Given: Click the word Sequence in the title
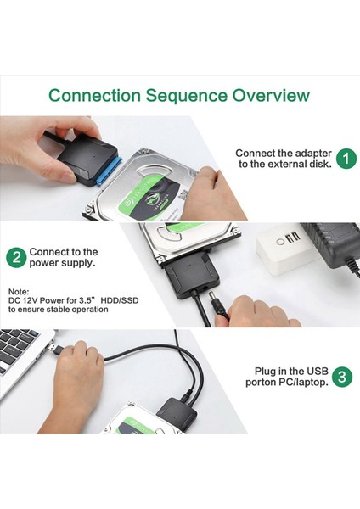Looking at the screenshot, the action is pyautogui.click(x=186, y=96).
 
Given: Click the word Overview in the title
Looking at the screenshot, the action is pyautogui.click(x=271, y=95).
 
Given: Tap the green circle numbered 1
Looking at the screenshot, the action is pyautogui.click(x=346, y=159).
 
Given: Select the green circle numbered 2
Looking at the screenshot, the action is pyautogui.click(x=16, y=258).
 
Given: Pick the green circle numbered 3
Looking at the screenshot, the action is pyautogui.click(x=342, y=377).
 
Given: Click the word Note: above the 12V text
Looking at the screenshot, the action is pyautogui.click(x=19, y=291).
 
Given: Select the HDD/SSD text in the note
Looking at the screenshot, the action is pyautogui.click(x=119, y=300).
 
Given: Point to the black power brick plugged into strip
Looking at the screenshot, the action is pyautogui.click(x=331, y=243).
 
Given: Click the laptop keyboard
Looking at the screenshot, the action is pyautogui.click(x=20, y=346).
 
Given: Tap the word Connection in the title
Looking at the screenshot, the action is pyautogui.click(x=94, y=95).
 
